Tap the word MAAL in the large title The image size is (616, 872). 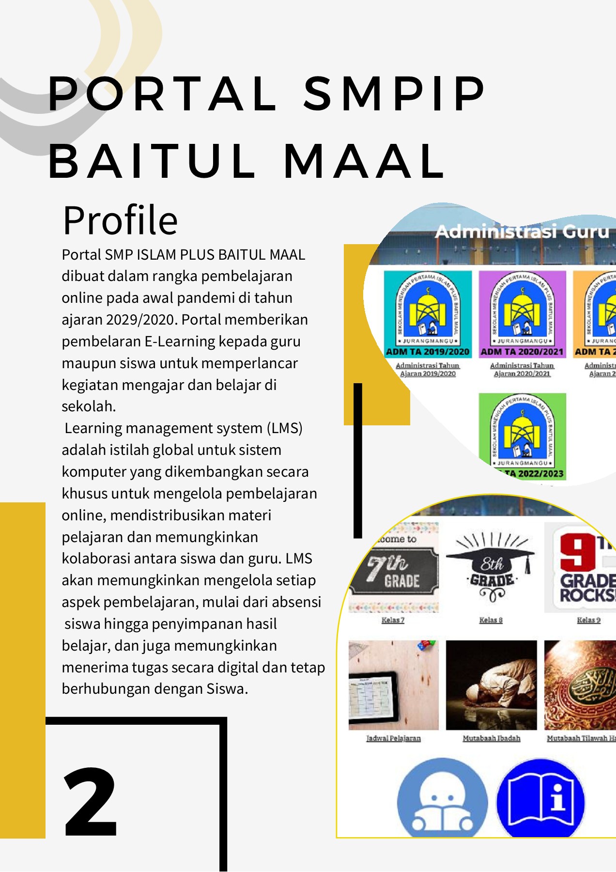point(364,161)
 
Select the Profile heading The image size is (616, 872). point(121,220)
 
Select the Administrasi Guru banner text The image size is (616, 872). point(522,232)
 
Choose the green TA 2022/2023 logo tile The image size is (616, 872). point(522,436)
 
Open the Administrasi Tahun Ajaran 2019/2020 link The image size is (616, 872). point(428,370)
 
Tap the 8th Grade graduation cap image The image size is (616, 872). point(491,568)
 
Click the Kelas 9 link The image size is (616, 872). point(588,620)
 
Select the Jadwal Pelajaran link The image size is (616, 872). point(393,738)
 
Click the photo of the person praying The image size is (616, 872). point(491,685)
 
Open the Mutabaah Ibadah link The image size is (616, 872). point(491,738)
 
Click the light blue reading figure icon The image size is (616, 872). point(442,799)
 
